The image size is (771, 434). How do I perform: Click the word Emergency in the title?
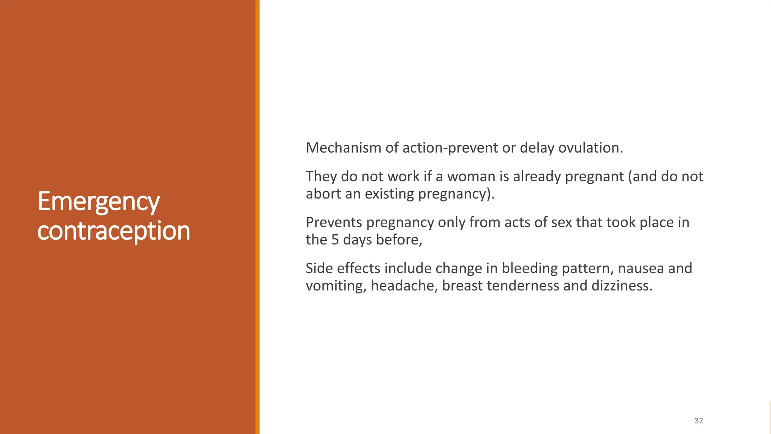[x=99, y=202]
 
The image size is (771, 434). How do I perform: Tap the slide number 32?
[x=699, y=421]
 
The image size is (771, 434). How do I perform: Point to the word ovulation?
[x=590, y=148]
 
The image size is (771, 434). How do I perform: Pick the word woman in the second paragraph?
[x=471, y=176]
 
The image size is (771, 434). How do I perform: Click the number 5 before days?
[x=335, y=240]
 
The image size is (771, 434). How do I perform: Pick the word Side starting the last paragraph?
[x=319, y=268]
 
